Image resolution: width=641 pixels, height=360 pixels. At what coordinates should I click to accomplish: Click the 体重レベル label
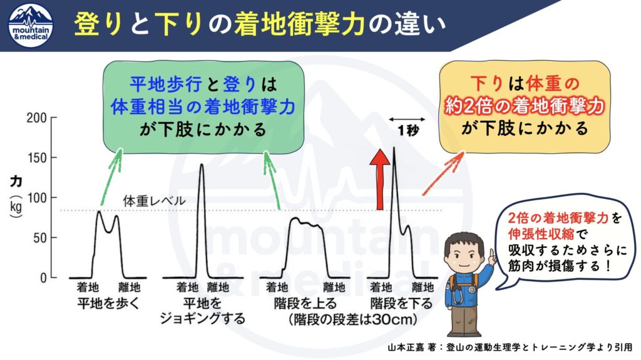click(154, 201)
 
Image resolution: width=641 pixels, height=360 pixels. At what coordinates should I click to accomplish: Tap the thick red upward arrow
click(380, 179)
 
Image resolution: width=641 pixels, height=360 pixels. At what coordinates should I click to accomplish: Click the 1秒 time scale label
click(408, 130)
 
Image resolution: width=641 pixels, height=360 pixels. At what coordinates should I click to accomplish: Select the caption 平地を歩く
click(108, 304)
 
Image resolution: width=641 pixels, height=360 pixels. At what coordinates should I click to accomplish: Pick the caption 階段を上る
click(305, 304)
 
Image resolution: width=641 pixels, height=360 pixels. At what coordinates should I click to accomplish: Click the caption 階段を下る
click(401, 304)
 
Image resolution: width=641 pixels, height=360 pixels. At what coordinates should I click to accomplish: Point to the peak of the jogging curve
click(201, 165)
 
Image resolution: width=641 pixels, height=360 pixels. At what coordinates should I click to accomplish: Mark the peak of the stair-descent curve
click(394, 148)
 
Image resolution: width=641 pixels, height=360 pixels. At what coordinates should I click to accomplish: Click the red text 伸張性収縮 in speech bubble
click(541, 234)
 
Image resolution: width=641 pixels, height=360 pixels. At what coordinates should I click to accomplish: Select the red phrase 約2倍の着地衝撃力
click(525, 106)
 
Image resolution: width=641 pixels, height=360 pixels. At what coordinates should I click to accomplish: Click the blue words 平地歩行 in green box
click(165, 85)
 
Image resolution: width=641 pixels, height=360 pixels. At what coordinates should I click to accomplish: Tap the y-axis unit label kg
click(16, 207)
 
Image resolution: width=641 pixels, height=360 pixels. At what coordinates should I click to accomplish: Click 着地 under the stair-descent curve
click(381, 287)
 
